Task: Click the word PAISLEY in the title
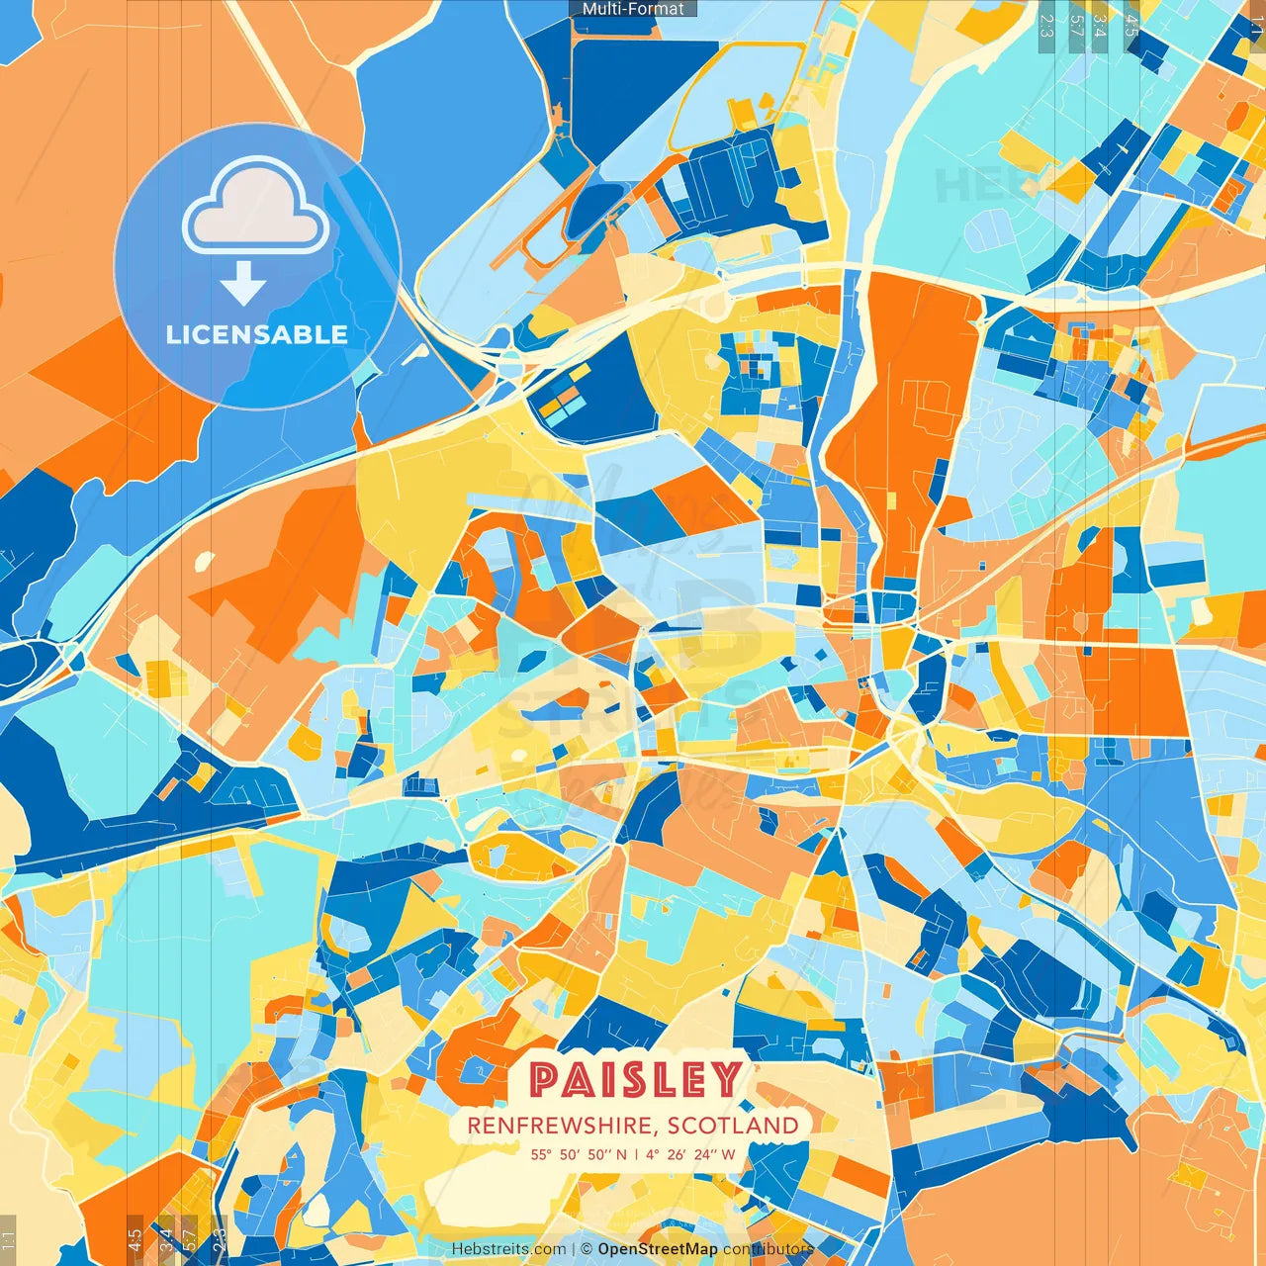[x=636, y=1079]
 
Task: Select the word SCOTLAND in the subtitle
[x=732, y=1126]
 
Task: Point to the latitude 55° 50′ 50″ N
[x=579, y=1154]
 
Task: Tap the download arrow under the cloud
[x=243, y=284]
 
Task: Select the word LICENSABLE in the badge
[x=257, y=334]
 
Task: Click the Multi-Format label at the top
[x=633, y=9]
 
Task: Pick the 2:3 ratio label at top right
[x=1045, y=22]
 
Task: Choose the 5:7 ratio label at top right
[x=1076, y=22]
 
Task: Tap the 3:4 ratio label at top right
[x=1099, y=22]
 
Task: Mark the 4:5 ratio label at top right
[x=1130, y=22]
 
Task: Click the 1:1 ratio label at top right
[x=1256, y=22]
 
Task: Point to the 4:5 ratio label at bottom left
[x=135, y=1240]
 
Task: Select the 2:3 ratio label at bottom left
[x=219, y=1240]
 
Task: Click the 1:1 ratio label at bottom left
[x=8, y=1240]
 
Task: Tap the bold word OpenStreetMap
[x=658, y=1249]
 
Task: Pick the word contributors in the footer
[x=768, y=1249]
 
